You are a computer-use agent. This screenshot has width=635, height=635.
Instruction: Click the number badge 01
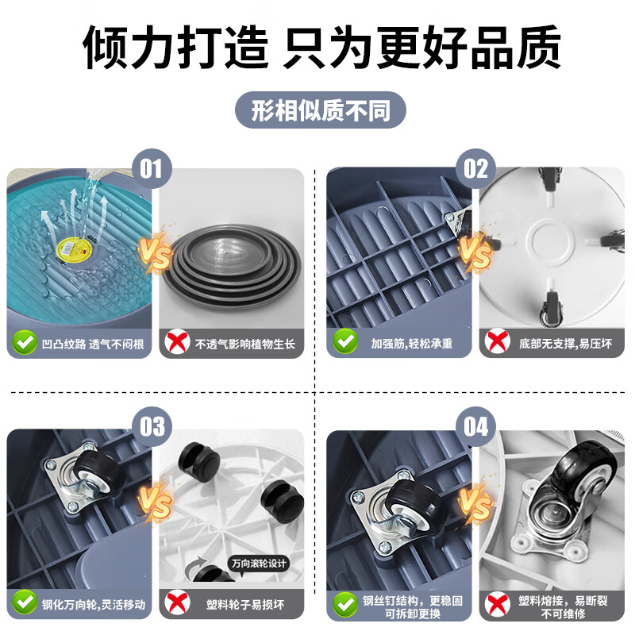click(152, 168)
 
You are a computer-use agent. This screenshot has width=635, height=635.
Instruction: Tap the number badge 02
click(475, 168)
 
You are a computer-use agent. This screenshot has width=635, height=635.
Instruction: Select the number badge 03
click(152, 426)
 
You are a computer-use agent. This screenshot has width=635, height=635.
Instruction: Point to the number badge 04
click(475, 426)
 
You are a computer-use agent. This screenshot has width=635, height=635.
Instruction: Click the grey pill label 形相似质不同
click(321, 110)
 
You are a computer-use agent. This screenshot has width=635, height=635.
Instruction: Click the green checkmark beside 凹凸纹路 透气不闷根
click(25, 343)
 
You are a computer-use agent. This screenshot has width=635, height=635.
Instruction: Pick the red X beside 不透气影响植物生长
click(177, 343)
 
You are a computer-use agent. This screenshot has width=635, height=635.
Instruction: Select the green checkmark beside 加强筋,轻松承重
click(345, 342)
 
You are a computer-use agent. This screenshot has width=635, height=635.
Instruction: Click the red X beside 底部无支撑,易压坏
click(498, 342)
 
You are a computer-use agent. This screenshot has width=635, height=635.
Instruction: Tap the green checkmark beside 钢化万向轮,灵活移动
click(25, 602)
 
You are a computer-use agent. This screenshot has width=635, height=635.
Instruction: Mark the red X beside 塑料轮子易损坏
click(177, 602)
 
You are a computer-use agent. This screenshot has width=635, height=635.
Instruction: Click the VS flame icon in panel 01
click(155, 252)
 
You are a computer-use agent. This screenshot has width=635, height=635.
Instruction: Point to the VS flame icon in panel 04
click(475, 504)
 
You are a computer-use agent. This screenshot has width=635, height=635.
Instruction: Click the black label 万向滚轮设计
click(260, 564)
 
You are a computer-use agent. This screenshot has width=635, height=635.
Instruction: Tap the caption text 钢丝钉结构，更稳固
click(412, 601)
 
